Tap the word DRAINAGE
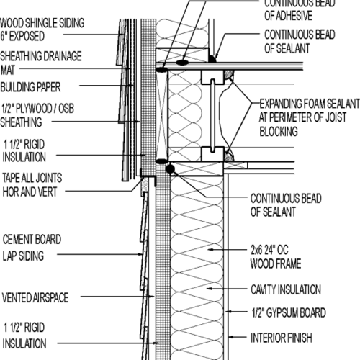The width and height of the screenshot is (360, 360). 62,56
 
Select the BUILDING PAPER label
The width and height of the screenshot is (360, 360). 30,87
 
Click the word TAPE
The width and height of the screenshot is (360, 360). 11,178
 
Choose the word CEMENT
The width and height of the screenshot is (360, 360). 17,240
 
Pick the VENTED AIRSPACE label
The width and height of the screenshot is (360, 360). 35,297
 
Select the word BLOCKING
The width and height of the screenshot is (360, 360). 279,132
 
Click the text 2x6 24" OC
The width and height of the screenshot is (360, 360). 269,250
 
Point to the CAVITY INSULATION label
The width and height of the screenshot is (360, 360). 286,289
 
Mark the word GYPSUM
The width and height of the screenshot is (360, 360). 283,312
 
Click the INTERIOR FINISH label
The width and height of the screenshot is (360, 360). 282,338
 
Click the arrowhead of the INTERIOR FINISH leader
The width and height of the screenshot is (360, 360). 230,337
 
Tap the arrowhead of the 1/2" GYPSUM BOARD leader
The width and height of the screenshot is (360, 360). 228,312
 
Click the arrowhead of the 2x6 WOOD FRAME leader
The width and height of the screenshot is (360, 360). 210,250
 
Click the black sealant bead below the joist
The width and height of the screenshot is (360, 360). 170,168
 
